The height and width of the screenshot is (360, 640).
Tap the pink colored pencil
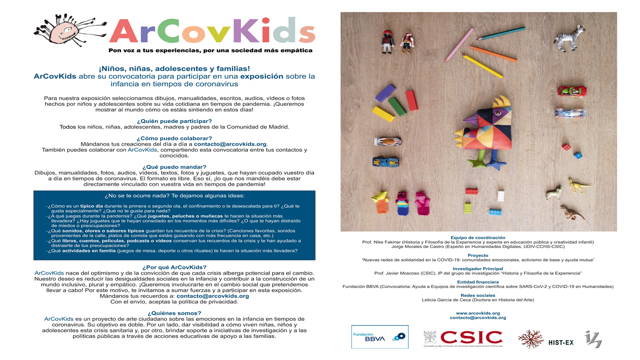point(459,45)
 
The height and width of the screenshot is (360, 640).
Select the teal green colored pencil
point(493,33)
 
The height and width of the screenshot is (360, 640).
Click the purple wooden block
point(385,93)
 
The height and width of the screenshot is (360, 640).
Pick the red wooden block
point(411,100)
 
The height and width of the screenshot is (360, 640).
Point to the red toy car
point(572,91)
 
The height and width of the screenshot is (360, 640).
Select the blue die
point(578,155)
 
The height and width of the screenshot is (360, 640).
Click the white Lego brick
point(500,196)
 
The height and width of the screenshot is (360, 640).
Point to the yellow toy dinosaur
point(579,185)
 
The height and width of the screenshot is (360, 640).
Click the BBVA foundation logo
point(379,336)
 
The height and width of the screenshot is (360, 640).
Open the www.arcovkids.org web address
point(477,313)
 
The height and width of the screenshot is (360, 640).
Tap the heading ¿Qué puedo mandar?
point(174,167)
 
